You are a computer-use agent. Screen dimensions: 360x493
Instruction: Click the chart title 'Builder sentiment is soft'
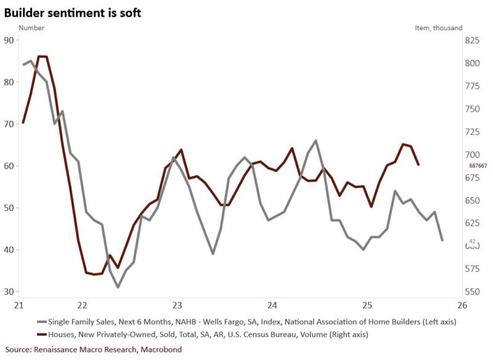[73, 12]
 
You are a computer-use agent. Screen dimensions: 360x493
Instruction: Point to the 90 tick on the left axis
[9, 40]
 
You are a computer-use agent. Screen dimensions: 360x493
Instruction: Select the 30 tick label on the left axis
[9, 292]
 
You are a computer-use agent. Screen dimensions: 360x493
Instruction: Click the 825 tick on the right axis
[473, 40]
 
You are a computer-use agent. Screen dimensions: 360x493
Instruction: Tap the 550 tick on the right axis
[473, 292]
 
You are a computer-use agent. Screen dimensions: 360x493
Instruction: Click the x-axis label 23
[177, 305]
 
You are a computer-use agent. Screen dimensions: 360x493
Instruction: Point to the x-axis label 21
[19, 305]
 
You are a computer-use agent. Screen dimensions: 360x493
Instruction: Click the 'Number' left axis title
[31, 28]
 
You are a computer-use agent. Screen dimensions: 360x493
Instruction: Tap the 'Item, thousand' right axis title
[438, 28]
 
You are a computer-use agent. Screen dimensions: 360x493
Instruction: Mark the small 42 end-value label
[473, 241]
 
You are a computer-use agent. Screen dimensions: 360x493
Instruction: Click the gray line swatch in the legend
[42, 322]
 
